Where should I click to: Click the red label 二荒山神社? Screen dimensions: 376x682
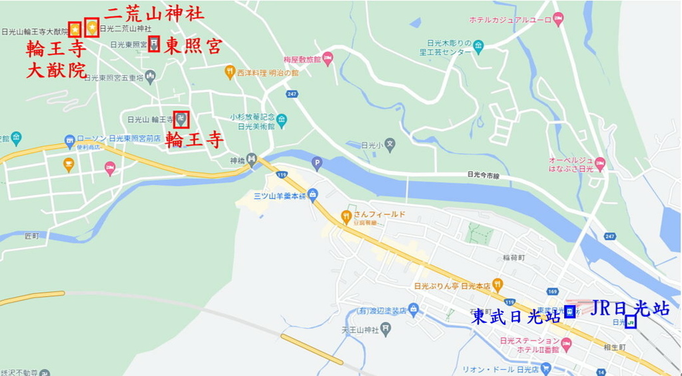(155, 14)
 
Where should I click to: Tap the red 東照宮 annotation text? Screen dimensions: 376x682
(193, 46)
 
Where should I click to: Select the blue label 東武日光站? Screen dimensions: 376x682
(516, 317)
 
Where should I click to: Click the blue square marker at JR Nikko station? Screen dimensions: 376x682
(630, 321)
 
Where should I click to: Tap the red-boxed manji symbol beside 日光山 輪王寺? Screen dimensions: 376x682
(181, 120)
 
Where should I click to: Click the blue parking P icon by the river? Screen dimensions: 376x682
(317, 161)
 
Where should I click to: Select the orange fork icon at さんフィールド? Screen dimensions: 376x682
(346, 215)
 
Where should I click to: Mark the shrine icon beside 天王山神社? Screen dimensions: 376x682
(386, 329)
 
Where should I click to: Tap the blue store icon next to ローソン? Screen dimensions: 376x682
(69, 140)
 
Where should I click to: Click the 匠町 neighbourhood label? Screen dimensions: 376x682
(32, 236)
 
